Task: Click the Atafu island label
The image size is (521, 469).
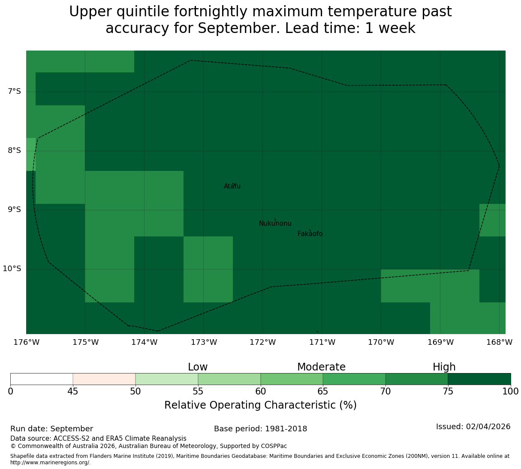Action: tap(232, 186)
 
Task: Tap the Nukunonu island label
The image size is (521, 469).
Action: tap(275, 223)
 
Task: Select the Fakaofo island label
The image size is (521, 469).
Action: tap(310, 233)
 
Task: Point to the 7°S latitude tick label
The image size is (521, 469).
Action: tap(14, 91)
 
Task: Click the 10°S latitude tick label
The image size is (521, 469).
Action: tap(12, 269)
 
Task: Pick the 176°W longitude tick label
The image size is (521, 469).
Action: tap(27, 342)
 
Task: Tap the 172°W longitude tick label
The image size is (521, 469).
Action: tap(262, 342)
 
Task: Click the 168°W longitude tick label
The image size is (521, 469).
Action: tap(499, 342)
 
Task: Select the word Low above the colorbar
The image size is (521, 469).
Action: tap(198, 367)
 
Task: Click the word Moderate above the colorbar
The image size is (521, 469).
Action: tap(321, 367)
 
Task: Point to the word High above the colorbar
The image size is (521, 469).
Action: tap(444, 367)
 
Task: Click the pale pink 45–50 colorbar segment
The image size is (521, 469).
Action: tap(104, 379)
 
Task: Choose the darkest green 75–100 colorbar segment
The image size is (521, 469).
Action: tap(479, 379)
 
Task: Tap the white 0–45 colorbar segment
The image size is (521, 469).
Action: tap(42, 379)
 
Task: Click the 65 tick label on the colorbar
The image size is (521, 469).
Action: tap(323, 391)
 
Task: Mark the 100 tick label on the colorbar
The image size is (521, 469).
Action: tap(510, 391)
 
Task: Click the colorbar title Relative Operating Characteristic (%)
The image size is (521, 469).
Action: tap(261, 405)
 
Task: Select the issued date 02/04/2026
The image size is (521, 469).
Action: tap(488, 427)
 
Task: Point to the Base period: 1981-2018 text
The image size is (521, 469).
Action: tap(261, 429)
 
